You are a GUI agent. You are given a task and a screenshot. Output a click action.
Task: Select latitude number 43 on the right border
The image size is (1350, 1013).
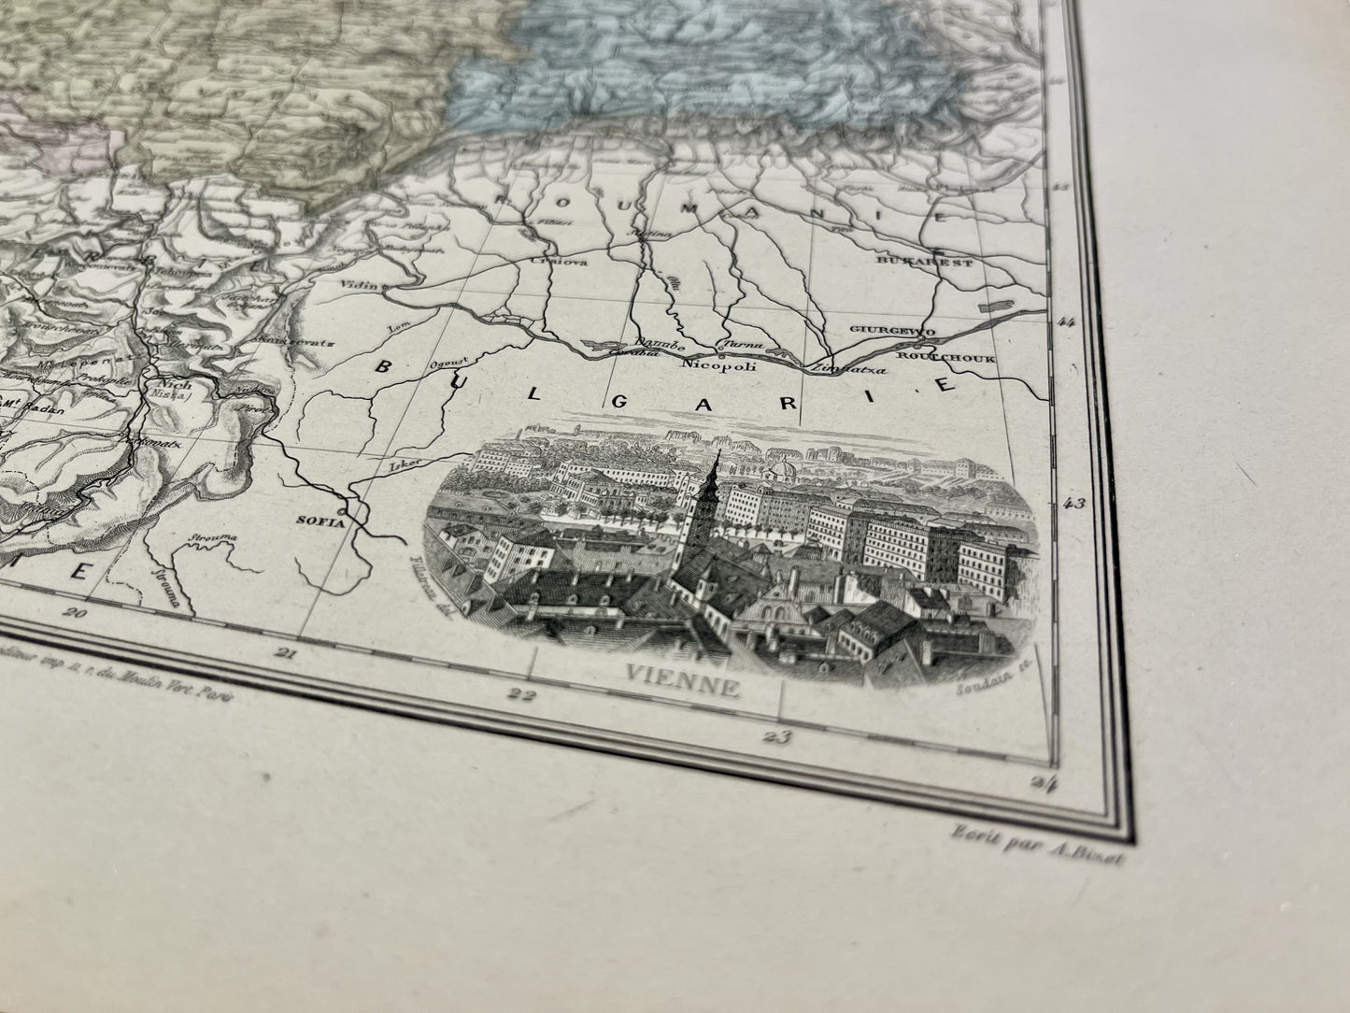point(1073,506)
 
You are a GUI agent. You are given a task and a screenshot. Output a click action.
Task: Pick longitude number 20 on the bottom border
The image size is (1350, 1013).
point(74,614)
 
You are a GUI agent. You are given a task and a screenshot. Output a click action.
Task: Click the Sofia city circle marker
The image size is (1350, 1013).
point(345,511)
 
